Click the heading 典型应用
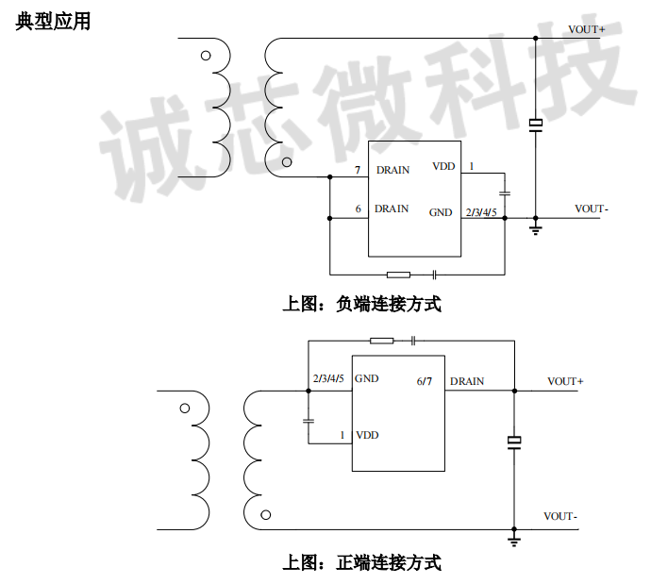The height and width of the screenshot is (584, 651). (53, 21)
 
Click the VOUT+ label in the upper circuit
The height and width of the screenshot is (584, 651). (586, 29)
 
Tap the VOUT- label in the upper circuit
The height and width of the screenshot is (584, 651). (592, 209)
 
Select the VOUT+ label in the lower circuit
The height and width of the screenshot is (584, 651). (565, 381)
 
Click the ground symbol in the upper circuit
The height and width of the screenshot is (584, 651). (535, 227)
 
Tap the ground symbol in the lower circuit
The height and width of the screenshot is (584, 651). (514, 540)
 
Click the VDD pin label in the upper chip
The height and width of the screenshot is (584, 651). (443, 166)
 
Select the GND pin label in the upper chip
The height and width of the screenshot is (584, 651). (441, 212)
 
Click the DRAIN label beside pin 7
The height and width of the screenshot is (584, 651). (392, 171)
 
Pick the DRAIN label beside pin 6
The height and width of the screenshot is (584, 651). (392, 209)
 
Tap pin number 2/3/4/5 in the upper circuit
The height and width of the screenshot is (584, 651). (481, 212)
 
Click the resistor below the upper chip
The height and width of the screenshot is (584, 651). (399, 275)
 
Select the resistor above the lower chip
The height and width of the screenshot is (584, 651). (381, 341)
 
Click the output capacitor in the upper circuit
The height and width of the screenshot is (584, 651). (535, 125)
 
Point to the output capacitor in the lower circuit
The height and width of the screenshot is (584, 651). (514, 442)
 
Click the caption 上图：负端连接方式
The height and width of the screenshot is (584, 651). (361, 305)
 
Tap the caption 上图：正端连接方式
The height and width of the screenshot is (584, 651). (361, 563)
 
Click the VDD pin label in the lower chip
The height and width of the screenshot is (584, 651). (367, 435)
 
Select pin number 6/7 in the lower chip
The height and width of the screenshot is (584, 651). (425, 381)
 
